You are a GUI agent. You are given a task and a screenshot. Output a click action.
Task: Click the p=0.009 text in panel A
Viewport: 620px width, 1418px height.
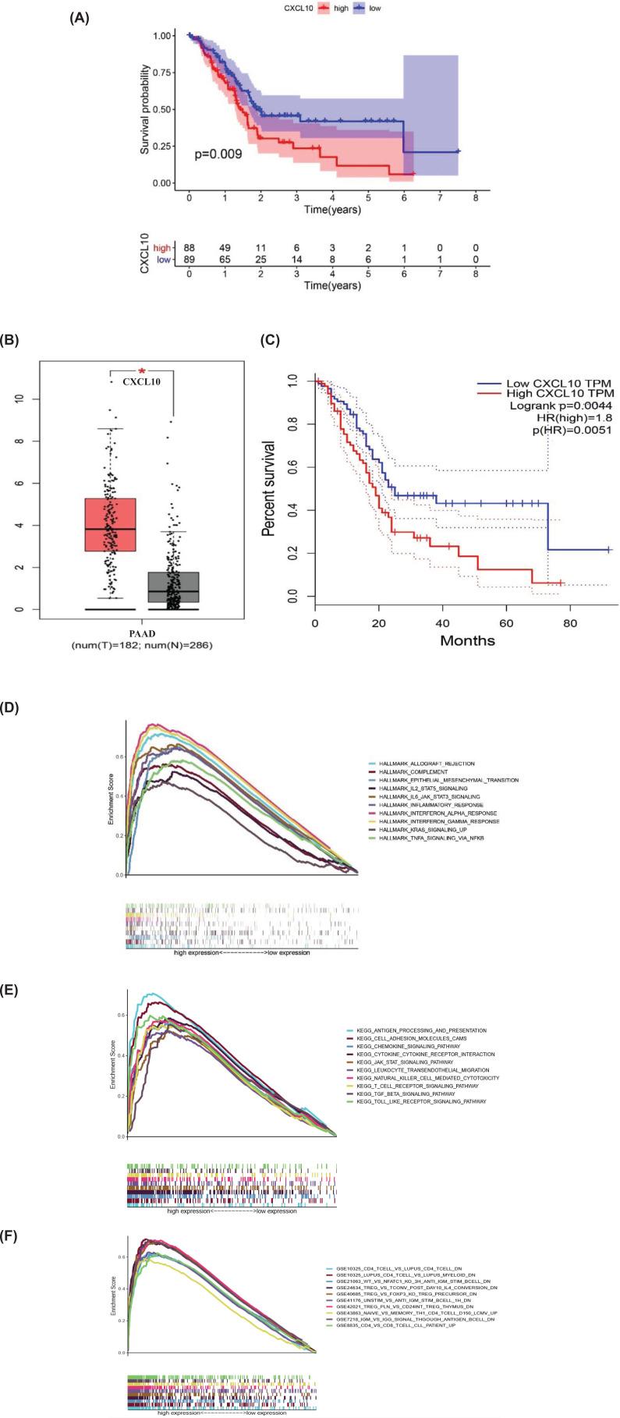tap(218, 154)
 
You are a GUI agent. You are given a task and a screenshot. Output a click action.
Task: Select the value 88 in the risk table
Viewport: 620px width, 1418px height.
tap(189, 247)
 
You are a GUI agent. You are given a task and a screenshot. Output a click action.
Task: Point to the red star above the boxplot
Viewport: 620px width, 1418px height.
tap(142, 371)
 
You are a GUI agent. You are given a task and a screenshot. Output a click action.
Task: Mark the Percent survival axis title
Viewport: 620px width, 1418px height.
tap(268, 487)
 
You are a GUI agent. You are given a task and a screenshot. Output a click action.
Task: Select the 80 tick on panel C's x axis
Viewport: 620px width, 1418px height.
tap(570, 624)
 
